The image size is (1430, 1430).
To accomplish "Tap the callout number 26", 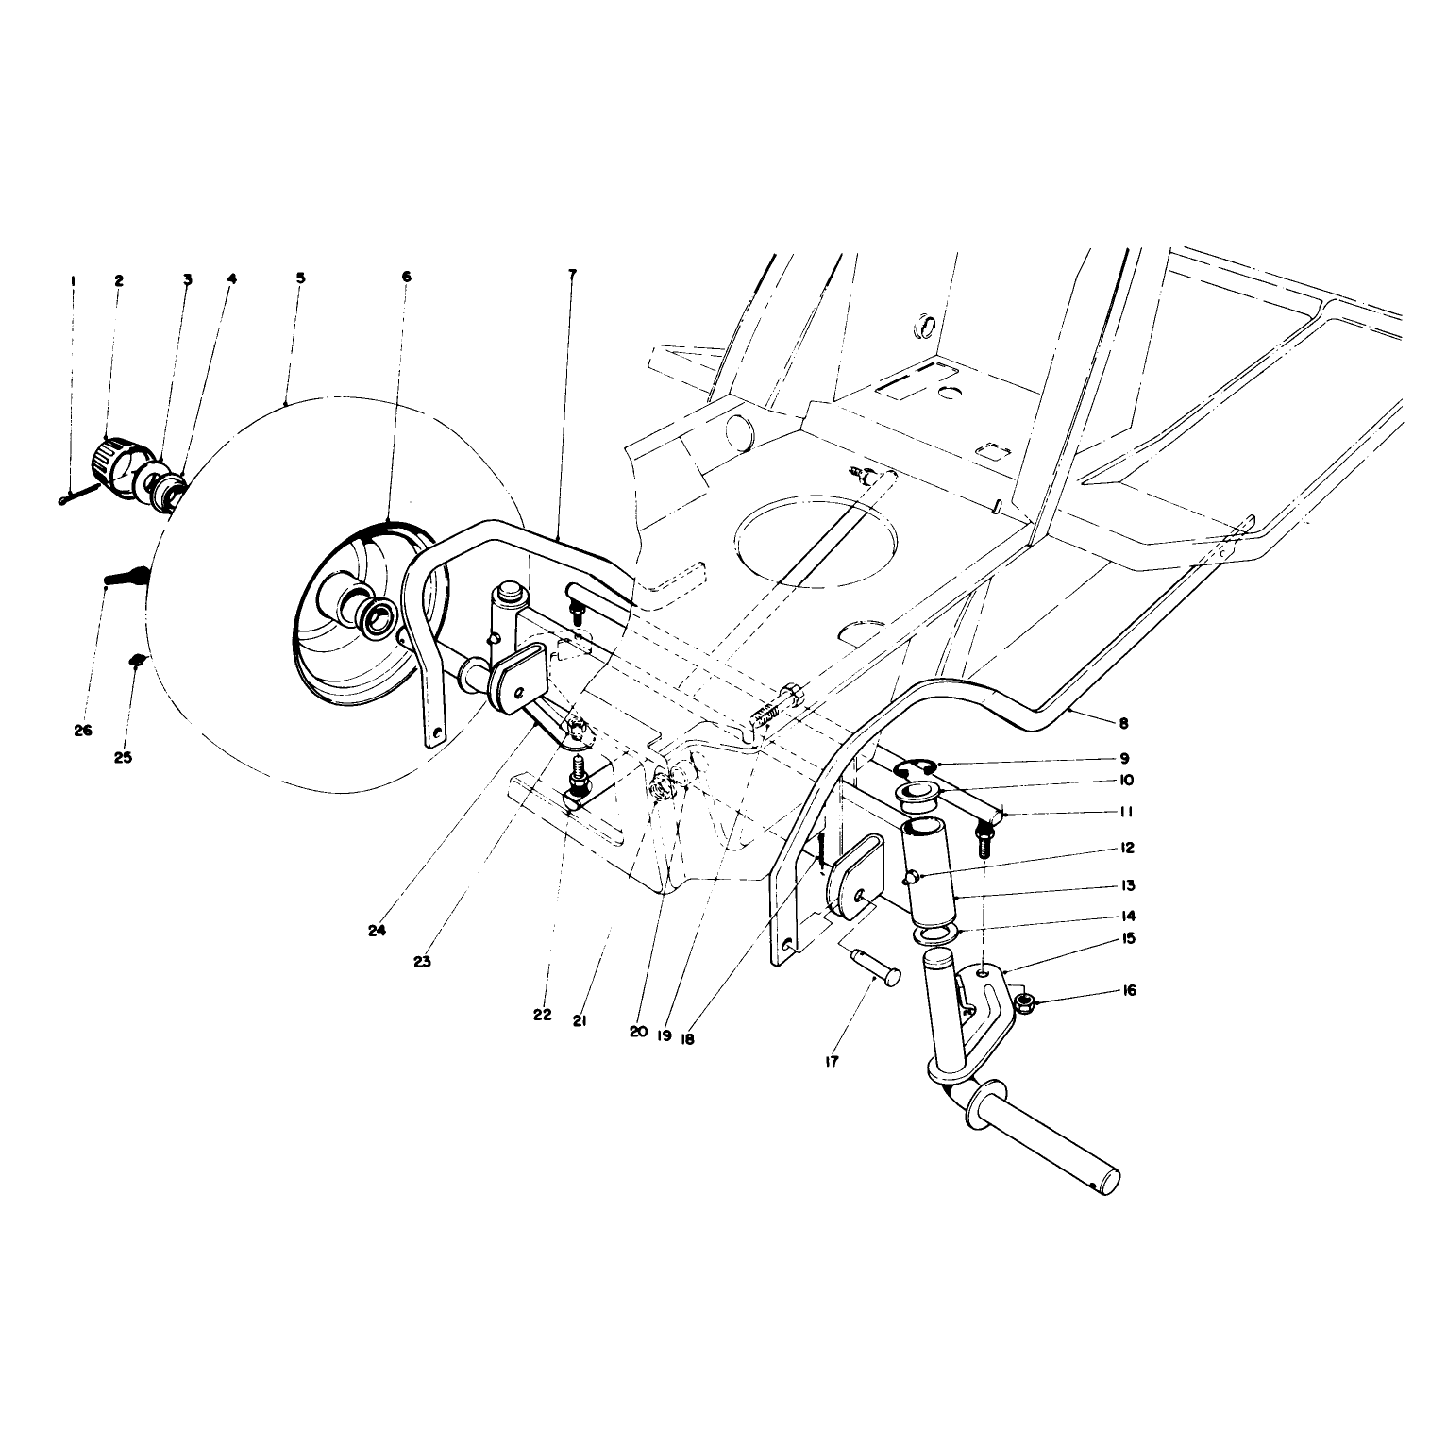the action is [83, 730].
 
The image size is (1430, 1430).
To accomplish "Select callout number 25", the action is [124, 757].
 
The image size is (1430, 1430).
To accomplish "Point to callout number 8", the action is [1123, 724].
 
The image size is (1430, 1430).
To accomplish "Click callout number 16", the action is [1130, 990].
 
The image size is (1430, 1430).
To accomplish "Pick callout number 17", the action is [831, 1061].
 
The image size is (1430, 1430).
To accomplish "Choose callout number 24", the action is [378, 930].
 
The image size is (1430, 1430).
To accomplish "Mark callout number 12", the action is [1127, 849].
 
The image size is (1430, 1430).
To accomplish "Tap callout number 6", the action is [406, 277].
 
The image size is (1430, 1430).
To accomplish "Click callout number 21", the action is [580, 1020].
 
